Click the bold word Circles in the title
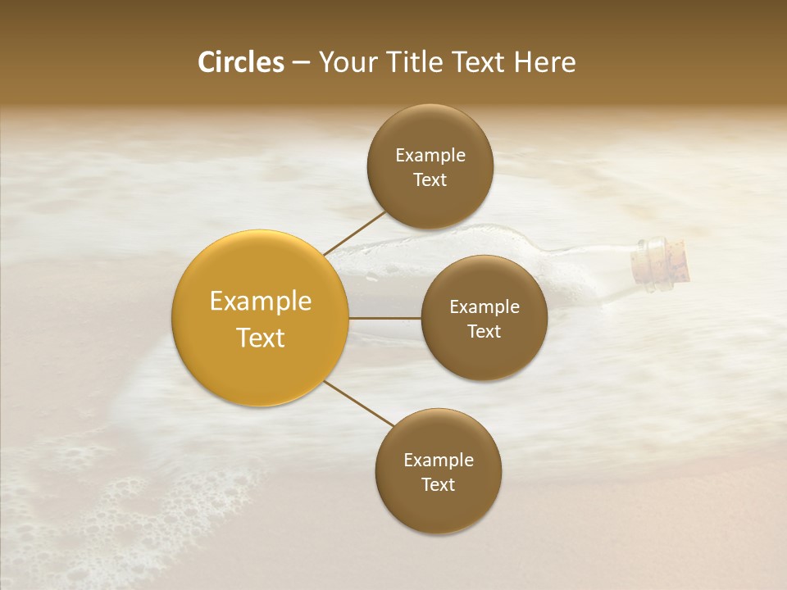click(240, 62)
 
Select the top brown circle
click(430, 131)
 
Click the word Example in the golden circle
click(260, 302)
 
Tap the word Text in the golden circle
click(260, 338)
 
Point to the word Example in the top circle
click(430, 156)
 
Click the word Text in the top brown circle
click(430, 180)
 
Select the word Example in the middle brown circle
click(484, 307)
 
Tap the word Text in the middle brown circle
click(484, 332)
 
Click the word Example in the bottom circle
click(439, 461)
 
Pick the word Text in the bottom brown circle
click(439, 485)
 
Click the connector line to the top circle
click(354, 233)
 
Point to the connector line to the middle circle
click(385, 318)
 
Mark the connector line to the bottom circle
click(359, 403)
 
